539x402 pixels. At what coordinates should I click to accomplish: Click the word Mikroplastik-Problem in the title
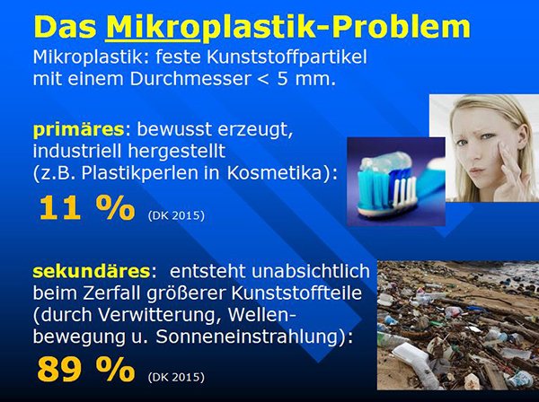tap(287, 28)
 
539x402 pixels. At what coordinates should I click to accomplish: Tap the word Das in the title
tap(65, 27)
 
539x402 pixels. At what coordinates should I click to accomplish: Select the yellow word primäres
tap(78, 130)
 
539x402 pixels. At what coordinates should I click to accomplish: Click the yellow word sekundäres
tap(92, 271)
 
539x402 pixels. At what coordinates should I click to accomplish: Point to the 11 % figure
tap(86, 208)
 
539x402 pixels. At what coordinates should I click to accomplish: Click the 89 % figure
tap(86, 370)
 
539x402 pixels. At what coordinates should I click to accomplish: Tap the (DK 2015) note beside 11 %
tap(176, 215)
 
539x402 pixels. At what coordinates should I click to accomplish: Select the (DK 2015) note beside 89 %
tap(176, 377)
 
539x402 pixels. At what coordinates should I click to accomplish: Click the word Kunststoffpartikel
tap(287, 57)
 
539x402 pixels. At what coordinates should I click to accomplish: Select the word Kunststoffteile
tap(296, 293)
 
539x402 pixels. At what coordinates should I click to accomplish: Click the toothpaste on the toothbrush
tap(385, 161)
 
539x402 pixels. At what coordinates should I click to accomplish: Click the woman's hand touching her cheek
tap(511, 171)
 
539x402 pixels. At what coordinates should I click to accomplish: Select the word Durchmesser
tap(190, 79)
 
